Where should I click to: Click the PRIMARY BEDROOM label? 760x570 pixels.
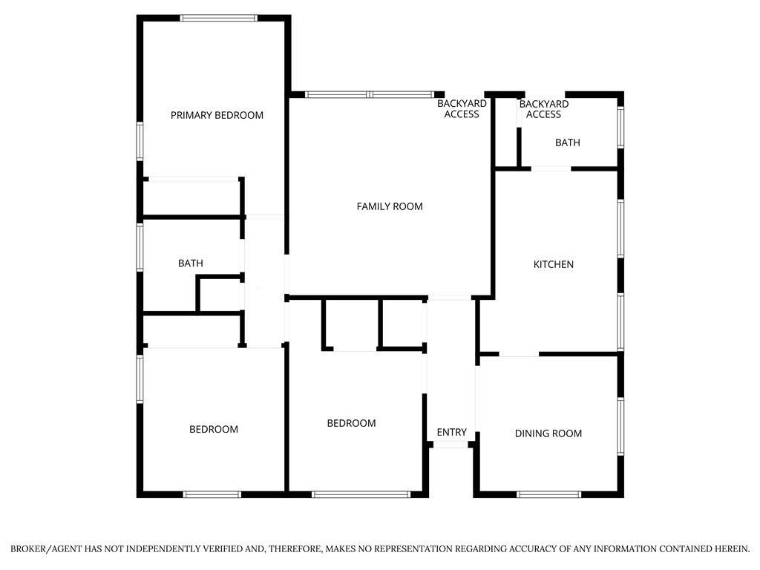217,115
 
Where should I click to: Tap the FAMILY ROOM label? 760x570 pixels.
390,206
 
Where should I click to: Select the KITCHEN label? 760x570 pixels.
554,264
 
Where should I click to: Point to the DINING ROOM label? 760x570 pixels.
548,433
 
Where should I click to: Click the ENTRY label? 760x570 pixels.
451,432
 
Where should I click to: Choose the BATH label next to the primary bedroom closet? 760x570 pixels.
190,263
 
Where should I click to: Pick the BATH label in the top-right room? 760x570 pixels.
568,142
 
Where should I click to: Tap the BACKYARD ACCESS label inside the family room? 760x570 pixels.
462,109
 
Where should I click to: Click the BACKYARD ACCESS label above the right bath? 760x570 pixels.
543,109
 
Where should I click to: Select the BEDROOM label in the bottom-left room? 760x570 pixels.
214,429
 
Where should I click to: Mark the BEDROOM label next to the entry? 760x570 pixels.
351,423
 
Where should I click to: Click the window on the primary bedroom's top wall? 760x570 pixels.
219,18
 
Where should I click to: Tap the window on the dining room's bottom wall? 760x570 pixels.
549,494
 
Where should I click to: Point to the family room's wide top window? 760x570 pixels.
370,95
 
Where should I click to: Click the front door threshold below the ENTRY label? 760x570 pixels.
451,445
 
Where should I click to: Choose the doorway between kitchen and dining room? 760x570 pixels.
519,355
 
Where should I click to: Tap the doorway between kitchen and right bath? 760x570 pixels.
551,169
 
